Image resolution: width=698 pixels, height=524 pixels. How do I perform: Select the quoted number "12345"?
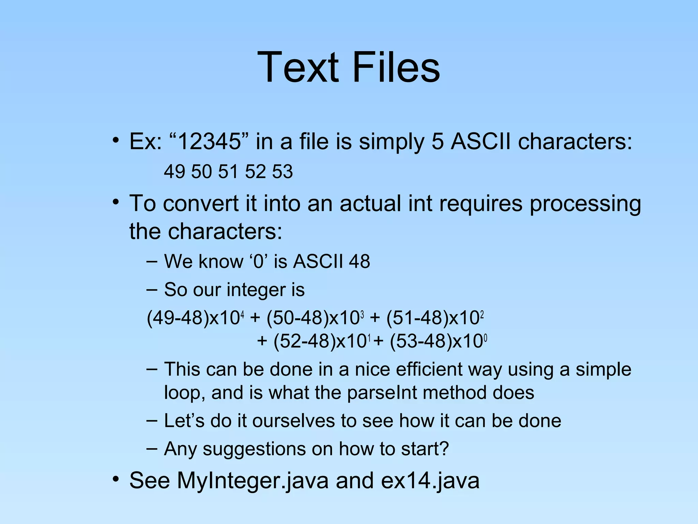tap(209, 142)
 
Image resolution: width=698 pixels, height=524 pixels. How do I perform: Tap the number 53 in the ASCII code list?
tap(282, 172)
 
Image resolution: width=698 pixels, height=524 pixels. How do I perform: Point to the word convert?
tap(201, 204)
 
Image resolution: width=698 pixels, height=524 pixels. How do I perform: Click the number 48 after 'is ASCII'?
tap(359, 262)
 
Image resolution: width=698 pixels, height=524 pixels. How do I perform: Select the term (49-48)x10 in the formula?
tap(194, 318)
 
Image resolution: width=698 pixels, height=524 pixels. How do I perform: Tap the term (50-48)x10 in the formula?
tap(314, 318)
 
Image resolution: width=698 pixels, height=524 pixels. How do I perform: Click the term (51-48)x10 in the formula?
tap(434, 318)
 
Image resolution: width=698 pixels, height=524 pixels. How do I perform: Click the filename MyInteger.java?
tap(253, 480)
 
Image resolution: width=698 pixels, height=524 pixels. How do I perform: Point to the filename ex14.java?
tap(430, 480)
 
